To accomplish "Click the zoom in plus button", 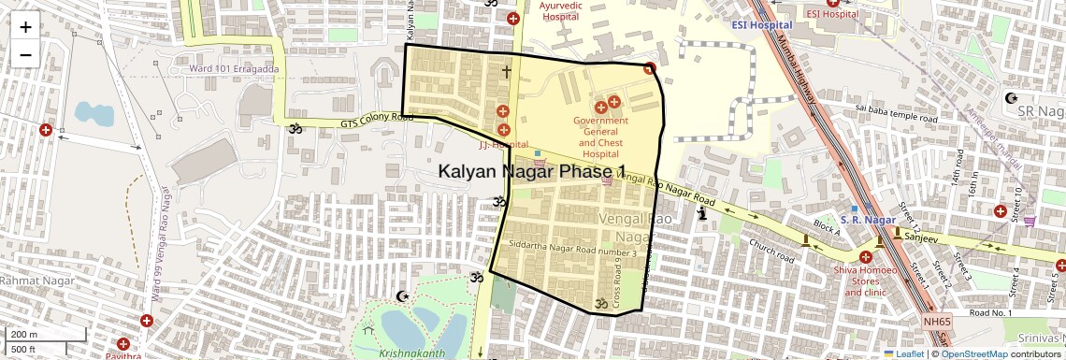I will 25,26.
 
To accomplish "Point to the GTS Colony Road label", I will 376,119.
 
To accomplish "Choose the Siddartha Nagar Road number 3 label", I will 572,245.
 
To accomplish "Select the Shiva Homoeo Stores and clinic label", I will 866,281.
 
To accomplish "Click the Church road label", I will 771,250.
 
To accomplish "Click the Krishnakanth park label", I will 411,353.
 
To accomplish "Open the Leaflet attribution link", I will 903,354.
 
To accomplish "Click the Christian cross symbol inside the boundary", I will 507,71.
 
